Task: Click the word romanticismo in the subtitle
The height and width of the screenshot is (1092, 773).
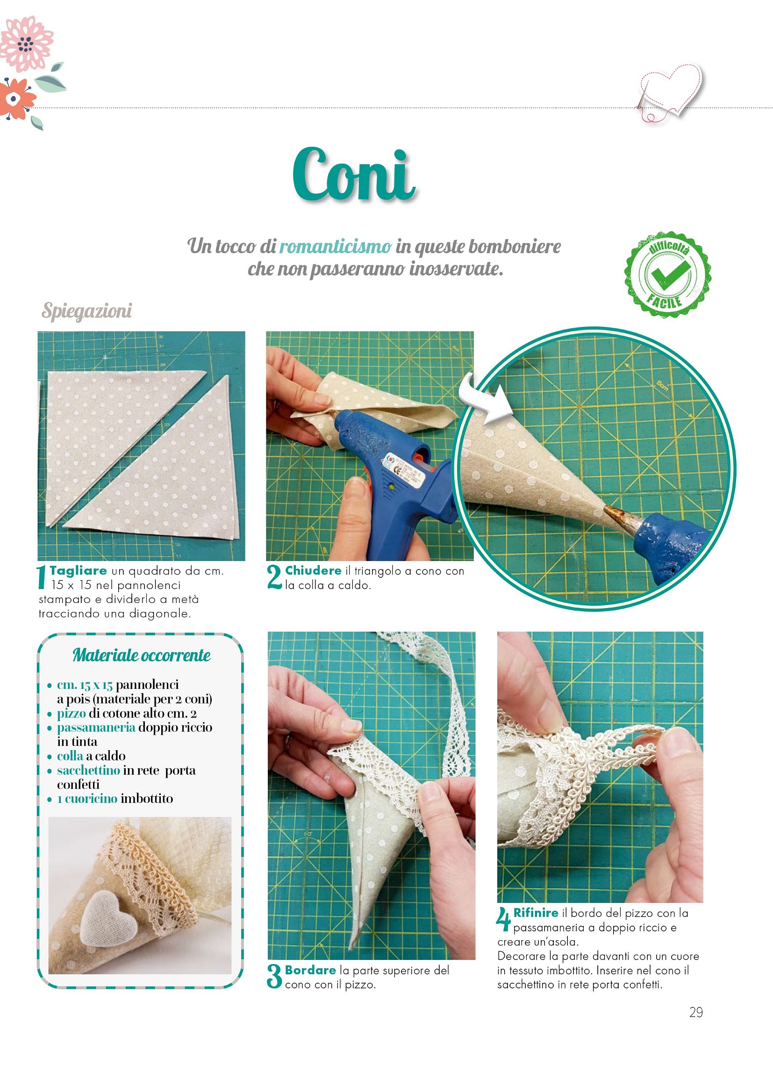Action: click(x=335, y=246)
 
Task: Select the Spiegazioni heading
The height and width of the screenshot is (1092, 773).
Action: click(x=86, y=311)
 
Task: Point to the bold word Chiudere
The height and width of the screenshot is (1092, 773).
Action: click(x=313, y=570)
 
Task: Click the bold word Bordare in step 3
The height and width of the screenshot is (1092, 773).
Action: click(x=310, y=970)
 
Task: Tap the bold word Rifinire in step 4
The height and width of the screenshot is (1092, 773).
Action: click(x=536, y=913)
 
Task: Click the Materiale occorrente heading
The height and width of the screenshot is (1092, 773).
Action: click(x=141, y=655)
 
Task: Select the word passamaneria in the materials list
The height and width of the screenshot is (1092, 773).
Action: click(x=96, y=727)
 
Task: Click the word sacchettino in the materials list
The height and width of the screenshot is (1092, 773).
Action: click(x=88, y=770)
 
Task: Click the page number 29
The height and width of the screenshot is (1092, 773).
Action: click(x=696, y=1012)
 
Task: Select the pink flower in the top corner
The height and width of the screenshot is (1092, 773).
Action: click(x=26, y=44)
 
